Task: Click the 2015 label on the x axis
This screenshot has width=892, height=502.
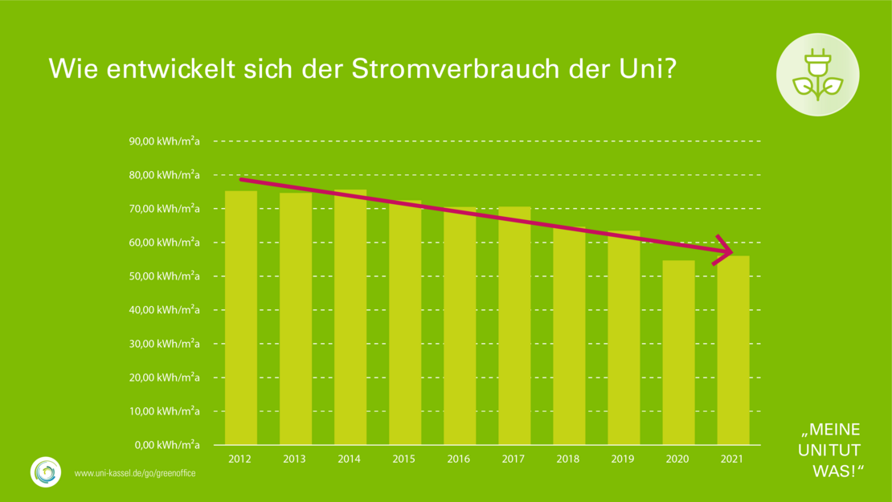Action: point(403,459)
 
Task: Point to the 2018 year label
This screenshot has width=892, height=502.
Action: point(567,459)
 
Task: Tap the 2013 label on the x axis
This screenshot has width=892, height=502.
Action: point(294,459)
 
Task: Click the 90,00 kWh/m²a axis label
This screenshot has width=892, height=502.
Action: point(165,141)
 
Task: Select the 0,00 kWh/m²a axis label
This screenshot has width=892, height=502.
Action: point(167,445)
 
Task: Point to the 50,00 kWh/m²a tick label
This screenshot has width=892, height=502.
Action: point(165,276)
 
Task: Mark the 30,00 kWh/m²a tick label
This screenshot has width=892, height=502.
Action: point(165,344)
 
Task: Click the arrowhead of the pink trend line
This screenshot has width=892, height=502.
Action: point(726,252)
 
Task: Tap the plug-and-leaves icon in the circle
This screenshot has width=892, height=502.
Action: point(817,75)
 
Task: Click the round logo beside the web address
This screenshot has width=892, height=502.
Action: point(46,471)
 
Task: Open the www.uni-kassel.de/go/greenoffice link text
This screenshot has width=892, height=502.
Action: point(135,474)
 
